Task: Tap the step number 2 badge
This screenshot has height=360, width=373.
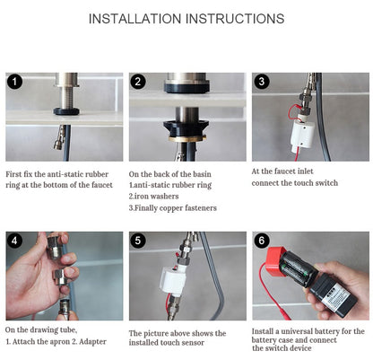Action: coord(138,82)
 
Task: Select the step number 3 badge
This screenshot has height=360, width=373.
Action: coord(262,82)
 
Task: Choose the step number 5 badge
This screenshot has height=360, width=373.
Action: coord(138,241)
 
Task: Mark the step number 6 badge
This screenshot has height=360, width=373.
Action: coord(262,241)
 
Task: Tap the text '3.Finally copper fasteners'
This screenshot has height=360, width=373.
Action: coord(172,206)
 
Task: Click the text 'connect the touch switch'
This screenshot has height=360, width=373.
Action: coord(296,183)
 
